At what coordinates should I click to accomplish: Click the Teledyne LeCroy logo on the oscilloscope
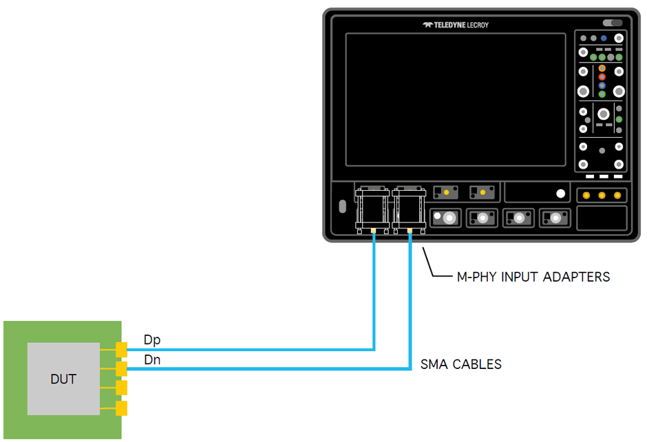tap(456, 25)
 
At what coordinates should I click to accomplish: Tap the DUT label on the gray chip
tap(63, 379)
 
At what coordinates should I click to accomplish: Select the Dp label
tap(153, 339)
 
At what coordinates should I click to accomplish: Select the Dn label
tap(153, 359)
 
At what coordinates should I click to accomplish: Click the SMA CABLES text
tap(461, 364)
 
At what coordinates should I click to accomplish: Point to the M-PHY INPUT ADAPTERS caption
tap(533, 277)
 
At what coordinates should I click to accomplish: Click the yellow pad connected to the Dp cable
tap(122, 350)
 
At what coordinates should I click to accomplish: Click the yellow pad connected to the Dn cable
tap(122, 370)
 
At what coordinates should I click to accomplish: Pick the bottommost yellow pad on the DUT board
tap(122, 409)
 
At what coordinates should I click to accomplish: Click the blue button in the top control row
tap(604, 39)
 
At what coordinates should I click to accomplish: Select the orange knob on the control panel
tap(602, 69)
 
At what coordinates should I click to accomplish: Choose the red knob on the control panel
tap(602, 77)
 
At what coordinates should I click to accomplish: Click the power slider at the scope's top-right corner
tap(612, 23)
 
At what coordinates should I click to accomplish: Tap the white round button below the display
tap(561, 194)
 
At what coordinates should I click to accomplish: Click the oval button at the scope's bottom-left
tap(342, 207)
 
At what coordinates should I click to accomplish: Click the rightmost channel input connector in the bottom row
tap(555, 218)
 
